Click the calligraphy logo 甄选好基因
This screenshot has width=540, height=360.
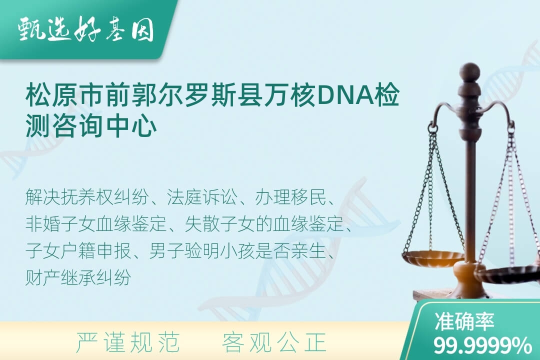(x=86, y=29)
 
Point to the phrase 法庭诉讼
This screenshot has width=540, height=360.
(x=202, y=197)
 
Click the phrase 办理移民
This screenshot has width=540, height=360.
(x=290, y=197)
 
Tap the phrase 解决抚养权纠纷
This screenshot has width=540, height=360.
(x=87, y=197)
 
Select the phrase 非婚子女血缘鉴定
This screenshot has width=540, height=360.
(x=96, y=224)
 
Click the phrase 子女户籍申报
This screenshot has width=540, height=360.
(x=78, y=251)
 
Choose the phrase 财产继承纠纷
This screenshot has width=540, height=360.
(x=78, y=277)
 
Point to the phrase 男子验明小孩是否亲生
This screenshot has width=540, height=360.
(x=237, y=251)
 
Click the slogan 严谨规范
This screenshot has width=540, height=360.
(x=128, y=343)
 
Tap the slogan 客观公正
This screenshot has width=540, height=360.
(x=274, y=343)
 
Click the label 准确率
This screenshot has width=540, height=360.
(x=464, y=321)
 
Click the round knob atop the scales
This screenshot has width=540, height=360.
(x=469, y=71)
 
